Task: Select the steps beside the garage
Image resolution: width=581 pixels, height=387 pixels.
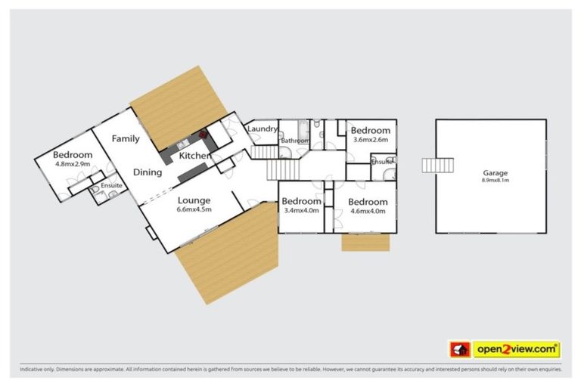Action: coord(440,166)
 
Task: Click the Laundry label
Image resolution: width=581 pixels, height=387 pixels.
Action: coord(263,129)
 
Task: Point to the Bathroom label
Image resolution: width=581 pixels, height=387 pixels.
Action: coord(294,141)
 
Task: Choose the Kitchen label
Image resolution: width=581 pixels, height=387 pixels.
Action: coord(194,156)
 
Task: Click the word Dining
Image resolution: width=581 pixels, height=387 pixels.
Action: coord(148,172)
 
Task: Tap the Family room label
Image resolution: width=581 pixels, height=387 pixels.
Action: coord(126,139)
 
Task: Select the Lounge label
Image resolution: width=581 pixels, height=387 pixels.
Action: coord(194,200)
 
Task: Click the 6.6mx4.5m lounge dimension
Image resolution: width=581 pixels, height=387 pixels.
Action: coord(194,210)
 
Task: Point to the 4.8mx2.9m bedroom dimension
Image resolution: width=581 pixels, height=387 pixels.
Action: coord(73,163)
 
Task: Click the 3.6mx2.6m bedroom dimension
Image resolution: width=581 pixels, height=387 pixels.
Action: coord(371,139)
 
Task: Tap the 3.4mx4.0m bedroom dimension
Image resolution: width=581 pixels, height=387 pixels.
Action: coord(301,211)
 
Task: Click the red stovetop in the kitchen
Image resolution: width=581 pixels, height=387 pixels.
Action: coord(204,135)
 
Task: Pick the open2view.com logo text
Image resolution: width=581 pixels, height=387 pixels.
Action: coord(516,349)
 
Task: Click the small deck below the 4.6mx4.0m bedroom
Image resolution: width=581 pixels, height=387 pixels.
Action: coord(366,242)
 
